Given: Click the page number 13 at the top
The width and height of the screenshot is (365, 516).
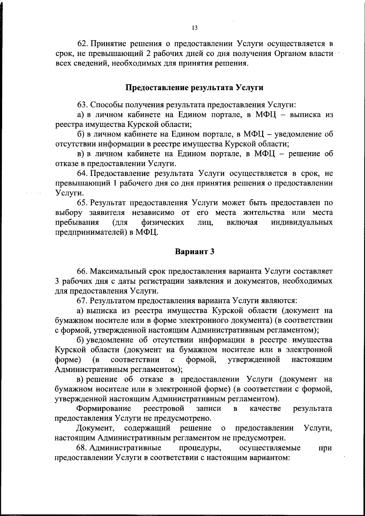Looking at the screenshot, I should click(195, 28).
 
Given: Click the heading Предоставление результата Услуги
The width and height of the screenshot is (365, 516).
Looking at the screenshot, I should click(194, 88).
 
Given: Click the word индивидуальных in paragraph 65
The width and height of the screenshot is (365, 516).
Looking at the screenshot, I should click(301, 223).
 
